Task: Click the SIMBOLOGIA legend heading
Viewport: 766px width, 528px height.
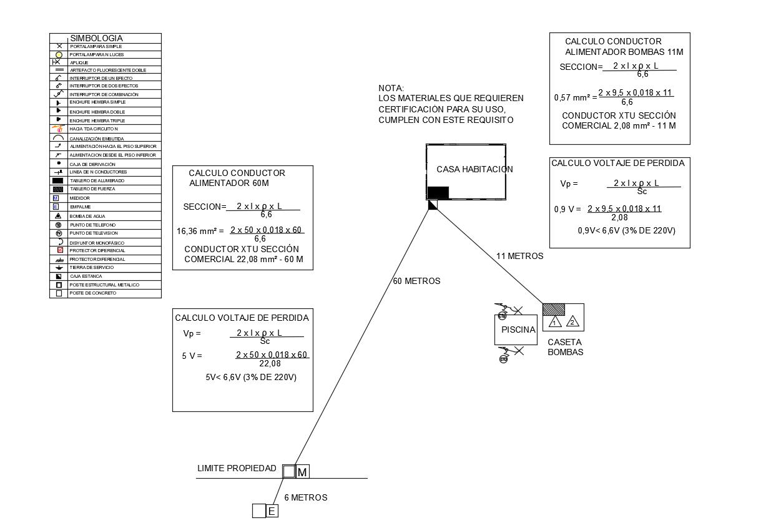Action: (x=96, y=38)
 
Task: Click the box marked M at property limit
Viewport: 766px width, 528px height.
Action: (x=302, y=472)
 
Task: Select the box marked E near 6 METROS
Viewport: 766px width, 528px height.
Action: (x=272, y=512)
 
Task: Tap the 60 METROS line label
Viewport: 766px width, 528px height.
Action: (x=416, y=281)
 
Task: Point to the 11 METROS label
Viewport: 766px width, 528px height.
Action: (x=519, y=256)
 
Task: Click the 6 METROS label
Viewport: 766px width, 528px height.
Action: (x=305, y=498)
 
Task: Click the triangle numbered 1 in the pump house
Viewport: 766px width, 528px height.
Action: (x=554, y=323)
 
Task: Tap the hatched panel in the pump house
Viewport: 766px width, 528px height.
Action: (x=554, y=310)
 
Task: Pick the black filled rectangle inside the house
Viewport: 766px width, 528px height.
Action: (x=438, y=192)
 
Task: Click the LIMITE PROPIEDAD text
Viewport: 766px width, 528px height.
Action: (x=237, y=468)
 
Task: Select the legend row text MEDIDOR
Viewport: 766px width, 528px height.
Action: (x=79, y=198)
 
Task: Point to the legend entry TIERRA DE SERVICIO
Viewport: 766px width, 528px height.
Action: (x=91, y=267)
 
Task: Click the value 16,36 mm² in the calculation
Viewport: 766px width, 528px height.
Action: (x=200, y=231)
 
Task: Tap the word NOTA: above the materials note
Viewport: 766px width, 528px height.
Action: (x=391, y=88)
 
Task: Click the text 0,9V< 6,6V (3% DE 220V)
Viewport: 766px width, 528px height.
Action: (x=626, y=231)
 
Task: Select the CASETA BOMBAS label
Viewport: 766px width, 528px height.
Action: (x=565, y=347)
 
